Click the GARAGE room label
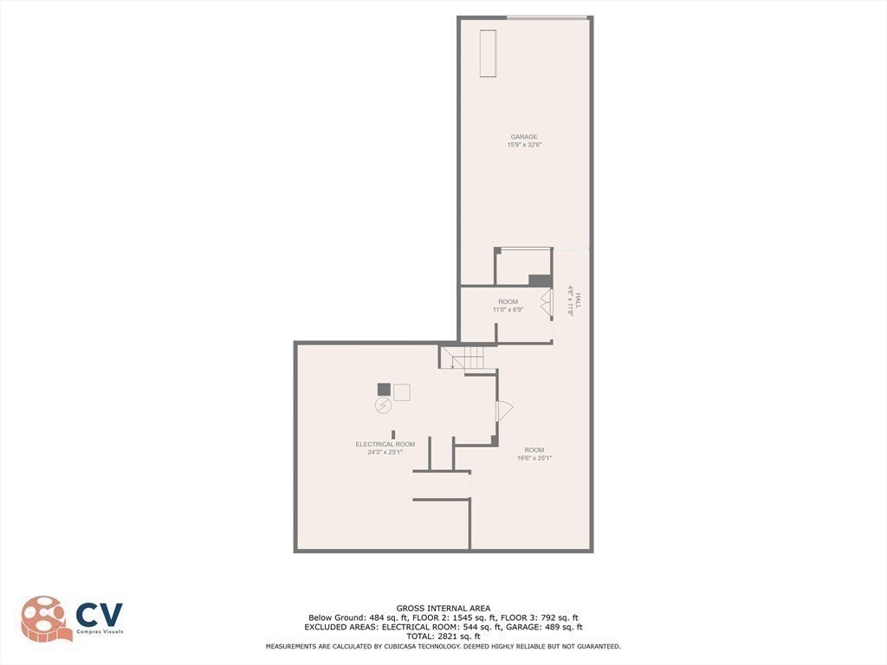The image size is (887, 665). pyautogui.click(x=523, y=137)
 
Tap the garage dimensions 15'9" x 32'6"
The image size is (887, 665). pyautogui.click(x=523, y=145)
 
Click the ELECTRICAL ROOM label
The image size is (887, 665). pyautogui.click(x=379, y=444)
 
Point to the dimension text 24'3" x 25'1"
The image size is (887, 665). pyautogui.click(x=379, y=452)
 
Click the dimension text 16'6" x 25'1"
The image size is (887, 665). pyautogui.click(x=534, y=458)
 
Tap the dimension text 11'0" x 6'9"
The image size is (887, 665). pyautogui.click(x=508, y=309)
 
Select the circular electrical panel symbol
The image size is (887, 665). pyautogui.click(x=382, y=405)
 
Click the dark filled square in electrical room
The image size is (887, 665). pyautogui.click(x=384, y=390)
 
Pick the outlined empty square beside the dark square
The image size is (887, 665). pyautogui.click(x=402, y=392)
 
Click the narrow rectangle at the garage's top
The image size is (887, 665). pyautogui.click(x=488, y=53)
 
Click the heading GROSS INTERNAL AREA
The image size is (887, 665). pyautogui.click(x=443, y=609)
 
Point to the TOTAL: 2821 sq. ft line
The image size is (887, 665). pyautogui.click(x=443, y=636)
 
